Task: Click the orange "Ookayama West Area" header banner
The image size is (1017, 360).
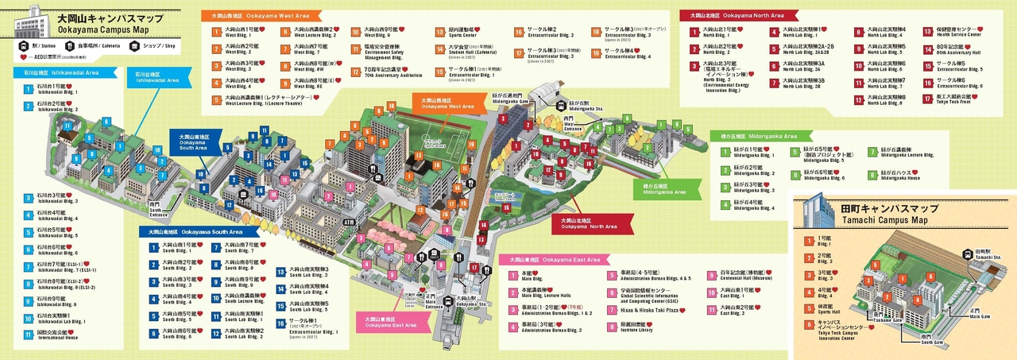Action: (x=262, y=15)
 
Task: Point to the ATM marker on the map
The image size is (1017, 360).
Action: (x=348, y=222)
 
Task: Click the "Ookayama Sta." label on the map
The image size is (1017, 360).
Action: (x=466, y=301)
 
